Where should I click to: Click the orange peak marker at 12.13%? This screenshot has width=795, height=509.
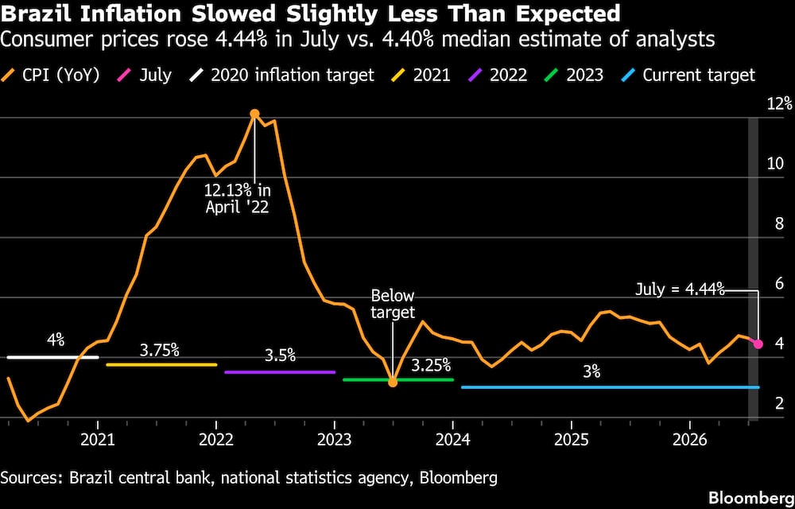(254, 114)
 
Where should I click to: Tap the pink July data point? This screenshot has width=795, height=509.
(758, 344)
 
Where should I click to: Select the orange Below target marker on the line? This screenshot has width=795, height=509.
(393, 382)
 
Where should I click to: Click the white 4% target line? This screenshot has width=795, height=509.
(52, 357)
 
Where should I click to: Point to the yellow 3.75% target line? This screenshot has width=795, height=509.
(161, 365)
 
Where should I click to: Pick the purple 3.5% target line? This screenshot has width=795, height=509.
(280, 372)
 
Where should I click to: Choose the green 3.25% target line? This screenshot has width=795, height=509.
(398, 379)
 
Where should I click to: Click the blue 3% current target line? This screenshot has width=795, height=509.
(611, 387)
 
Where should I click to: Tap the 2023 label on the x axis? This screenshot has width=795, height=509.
(335, 440)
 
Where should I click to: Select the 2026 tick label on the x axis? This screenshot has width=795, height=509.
(689, 440)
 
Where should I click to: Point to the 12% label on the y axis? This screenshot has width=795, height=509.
(780, 104)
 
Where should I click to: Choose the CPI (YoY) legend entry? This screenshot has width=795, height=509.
(48, 76)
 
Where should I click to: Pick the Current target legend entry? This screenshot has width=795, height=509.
(688, 76)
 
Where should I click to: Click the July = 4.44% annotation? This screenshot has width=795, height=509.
(680, 290)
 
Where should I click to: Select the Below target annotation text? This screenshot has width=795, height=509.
(393, 304)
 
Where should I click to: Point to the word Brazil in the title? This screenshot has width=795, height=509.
(33, 14)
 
